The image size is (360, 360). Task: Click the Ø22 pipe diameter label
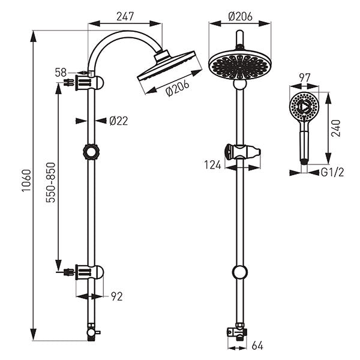(x=118, y=121)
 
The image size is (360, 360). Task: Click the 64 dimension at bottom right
(x=257, y=346)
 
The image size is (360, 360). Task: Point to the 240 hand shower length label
(x=336, y=127)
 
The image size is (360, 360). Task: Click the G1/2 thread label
(x=332, y=172)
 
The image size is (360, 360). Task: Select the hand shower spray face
(x=303, y=107)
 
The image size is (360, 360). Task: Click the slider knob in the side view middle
(x=91, y=151)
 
